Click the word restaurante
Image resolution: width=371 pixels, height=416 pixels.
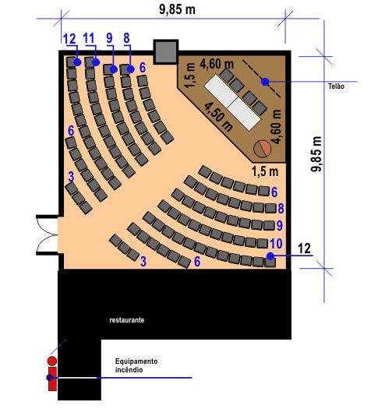pyautogui.click(x=127, y=320)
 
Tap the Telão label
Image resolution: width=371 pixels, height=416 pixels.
pyautogui.click(x=336, y=86)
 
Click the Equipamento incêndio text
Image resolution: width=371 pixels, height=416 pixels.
pyautogui.click(x=136, y=365)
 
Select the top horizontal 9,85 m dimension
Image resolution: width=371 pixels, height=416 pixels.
pyautogui.click(x=177, y=9)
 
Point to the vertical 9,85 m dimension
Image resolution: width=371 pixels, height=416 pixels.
pyautogui.click(x=316, y=154)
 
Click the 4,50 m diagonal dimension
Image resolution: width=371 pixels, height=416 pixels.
pyautogui.click(x=218, y=117)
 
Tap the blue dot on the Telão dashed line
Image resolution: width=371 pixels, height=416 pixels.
pyautogui.click(x=265, y=82)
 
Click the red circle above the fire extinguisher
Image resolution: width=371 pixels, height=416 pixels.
pyautogui.click(x=52, y=361)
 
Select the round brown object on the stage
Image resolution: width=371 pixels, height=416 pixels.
pyautogui.click(x=262, y=148)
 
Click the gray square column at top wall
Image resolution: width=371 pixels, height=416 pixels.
pyautogui.click(x=166, y=51)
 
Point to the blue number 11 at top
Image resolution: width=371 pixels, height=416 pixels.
pyautogui.click(x=89, y=38)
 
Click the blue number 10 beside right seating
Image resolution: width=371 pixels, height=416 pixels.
pyautogui.click(x=276, y=243)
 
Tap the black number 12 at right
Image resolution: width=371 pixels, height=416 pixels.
pyautogui.click(x=304, y=249)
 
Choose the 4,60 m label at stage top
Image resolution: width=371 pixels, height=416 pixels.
pyautogui.click(x=217, y=64)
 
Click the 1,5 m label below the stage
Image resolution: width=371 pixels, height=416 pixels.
pyautogui.click(x=265, y=171)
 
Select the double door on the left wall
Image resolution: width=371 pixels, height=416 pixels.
pyautogui.click(x=48, y=234)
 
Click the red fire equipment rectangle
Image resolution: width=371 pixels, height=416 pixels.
pyautogui.click(x=52, y=379)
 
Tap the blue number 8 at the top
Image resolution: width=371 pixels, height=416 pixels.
pyautogui.click(x=126, y=37)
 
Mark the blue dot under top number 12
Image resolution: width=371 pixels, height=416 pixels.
pyautogui.click(x=77, y=62)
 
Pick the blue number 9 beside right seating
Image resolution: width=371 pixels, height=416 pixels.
pyautogui.click(x=280, y=225)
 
